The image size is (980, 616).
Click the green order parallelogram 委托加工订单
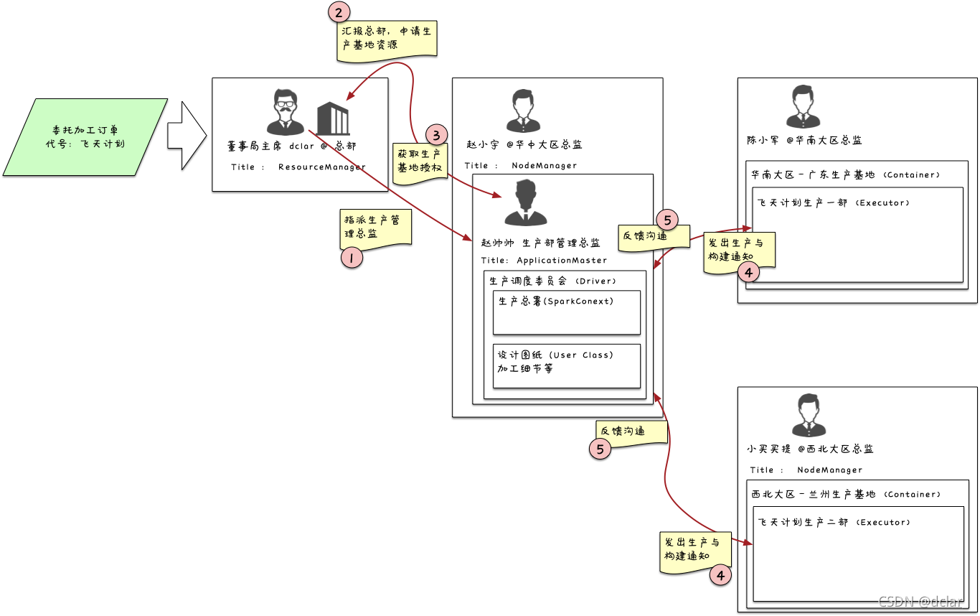[85, 136]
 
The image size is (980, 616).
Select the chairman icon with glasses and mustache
[285, 112]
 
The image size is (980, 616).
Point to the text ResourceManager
[321, 167]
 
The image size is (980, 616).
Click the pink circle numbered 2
[339, 11]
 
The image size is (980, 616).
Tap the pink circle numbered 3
[436, 135]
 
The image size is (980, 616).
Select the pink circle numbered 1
[352, 257]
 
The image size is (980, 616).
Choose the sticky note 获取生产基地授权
[420, 162]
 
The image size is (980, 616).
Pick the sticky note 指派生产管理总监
[374, 226]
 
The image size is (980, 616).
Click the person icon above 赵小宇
[522, 111]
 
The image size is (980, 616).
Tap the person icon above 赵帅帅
[526, 203]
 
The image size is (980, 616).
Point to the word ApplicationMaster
[562, 261]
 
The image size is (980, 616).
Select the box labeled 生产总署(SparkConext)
[566, 312]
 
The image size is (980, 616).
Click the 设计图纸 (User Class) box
[566, 365]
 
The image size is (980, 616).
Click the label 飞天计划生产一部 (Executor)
[834, 203]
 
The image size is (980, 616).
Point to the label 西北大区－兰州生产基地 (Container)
[846, 495]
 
